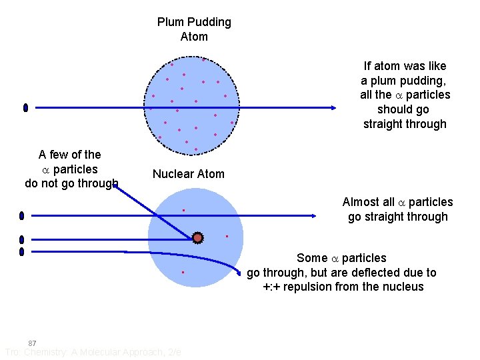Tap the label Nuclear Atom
click(x=189, y=174)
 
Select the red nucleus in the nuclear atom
click(x=197, y=237)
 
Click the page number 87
click(x=32, y=343)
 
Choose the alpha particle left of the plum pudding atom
click(x=25, y=107)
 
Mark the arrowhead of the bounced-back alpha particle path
click(x=115, y=186)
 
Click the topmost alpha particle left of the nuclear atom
click(x=21, y=215)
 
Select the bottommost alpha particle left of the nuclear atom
click(x=21, y=251)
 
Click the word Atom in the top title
click(x=194, y=37)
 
